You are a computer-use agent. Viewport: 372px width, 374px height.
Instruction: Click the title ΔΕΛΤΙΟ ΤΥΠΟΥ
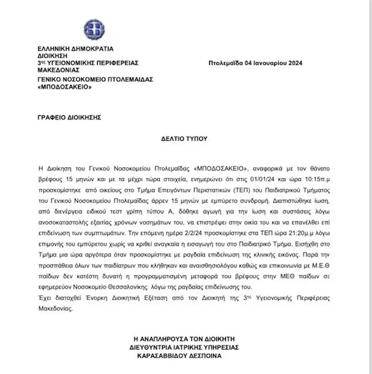pyautogui.click(x=186, y=139)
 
